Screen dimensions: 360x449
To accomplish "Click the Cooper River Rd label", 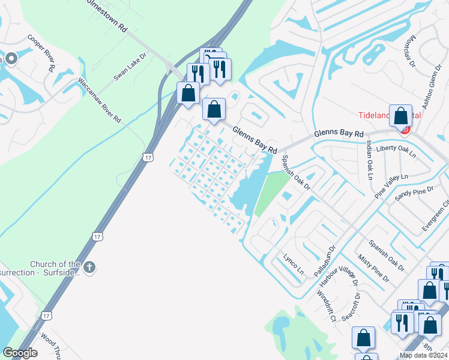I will tap(41, 52).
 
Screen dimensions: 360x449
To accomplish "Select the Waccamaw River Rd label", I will tap(98, 100).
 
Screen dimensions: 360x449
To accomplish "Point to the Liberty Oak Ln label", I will tap(396, 151).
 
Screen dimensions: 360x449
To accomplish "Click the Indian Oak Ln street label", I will tap(369, 160).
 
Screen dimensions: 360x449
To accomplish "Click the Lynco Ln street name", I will tap(292, 262).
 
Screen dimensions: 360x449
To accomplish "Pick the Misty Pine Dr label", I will tap(373, 268).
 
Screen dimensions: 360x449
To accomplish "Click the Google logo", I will tap(20, 353).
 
